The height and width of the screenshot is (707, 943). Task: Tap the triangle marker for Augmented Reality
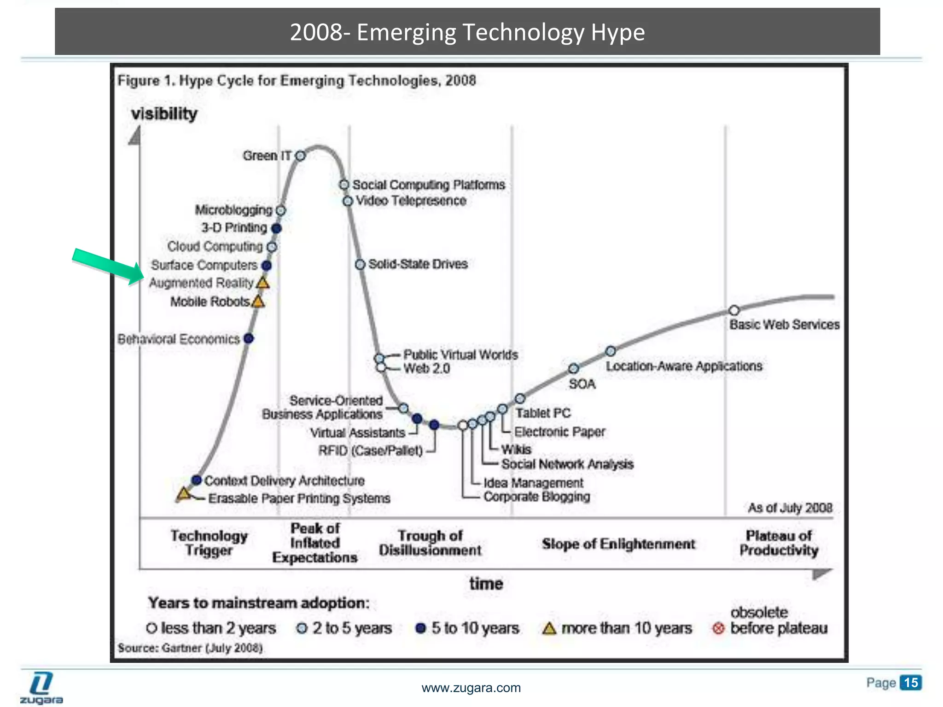pos(262,283)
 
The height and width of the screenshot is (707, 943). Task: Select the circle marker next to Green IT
pos(300,156)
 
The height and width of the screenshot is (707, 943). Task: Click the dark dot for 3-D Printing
pos(276,228)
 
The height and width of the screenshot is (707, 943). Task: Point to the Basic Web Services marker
pos(734,310)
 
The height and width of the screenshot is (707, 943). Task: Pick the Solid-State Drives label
pos(418,264)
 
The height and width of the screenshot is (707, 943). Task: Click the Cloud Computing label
pos(215,247)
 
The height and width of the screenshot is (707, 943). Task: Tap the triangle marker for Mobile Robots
pos(258,302)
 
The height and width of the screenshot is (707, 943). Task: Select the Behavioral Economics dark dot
pos(249,339)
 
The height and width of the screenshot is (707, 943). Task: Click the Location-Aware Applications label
pos(684,366)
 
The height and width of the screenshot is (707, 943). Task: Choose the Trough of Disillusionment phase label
pos(430,543)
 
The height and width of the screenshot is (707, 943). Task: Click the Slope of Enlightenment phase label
pos(618,544)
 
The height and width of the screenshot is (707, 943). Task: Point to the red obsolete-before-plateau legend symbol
pos(718,628)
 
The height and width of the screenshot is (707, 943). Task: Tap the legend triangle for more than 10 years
pos(549,628)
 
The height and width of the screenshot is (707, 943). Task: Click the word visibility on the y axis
pos(164,114)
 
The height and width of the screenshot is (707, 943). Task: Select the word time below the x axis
pos(486,584)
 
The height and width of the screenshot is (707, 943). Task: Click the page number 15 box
pos(911,683)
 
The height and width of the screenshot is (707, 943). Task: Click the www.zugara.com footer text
pos(471,688)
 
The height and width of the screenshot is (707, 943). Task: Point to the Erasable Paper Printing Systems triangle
pos(184,494)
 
